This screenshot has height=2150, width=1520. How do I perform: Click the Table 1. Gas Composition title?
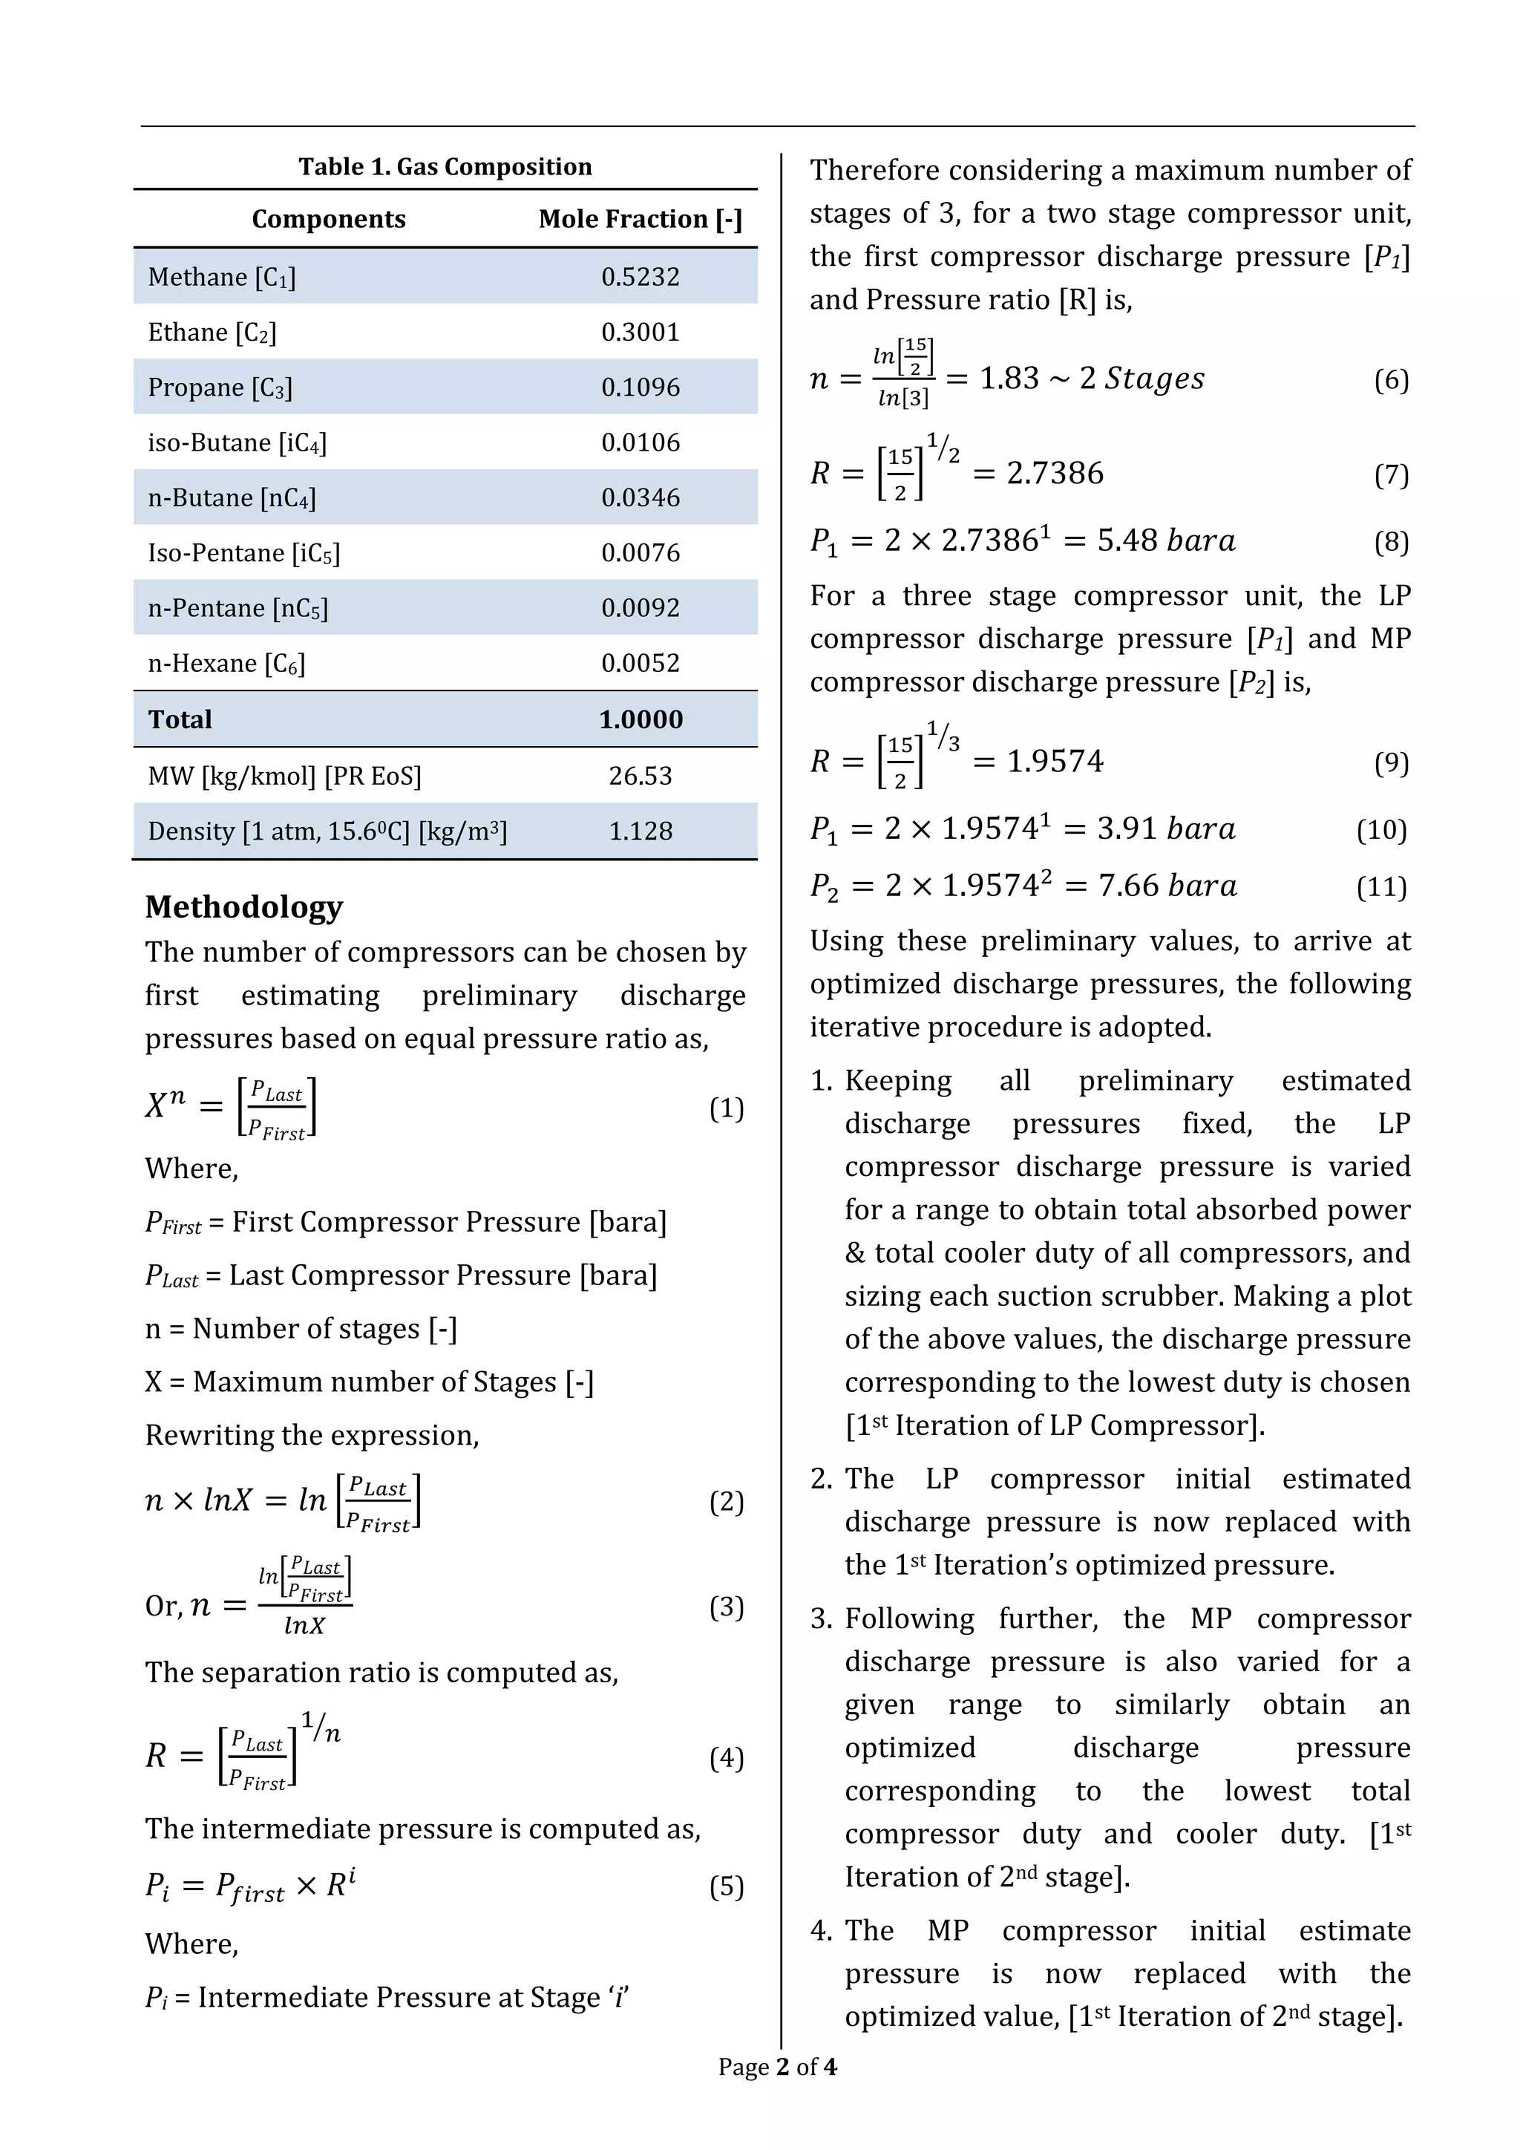(x=445, y=167)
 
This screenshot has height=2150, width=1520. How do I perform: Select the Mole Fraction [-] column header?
(x=641, y=219)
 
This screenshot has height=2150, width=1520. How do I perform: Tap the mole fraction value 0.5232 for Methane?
(x=641, y=277)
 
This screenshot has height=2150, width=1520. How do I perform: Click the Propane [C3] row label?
(x=220, y=388)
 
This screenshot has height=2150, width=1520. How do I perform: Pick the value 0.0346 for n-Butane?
(x=641, y=498)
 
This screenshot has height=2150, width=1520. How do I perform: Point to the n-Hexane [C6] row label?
(x=226, y=664)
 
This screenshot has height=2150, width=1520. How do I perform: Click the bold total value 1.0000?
(x=641, y=720)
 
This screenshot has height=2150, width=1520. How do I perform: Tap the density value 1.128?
(x=641, y=831)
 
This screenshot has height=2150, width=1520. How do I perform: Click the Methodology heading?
(x=243, y=907)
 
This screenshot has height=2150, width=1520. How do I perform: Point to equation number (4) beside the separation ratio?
(x=727, y=1759)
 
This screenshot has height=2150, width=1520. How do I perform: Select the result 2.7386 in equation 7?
(x=1055, y=474)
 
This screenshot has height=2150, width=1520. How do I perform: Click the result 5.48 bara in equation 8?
(x=1166, y=541)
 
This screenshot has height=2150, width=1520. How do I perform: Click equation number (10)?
(x=1381, y=830)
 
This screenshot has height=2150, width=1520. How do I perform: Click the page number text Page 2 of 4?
(x=777, y=2067)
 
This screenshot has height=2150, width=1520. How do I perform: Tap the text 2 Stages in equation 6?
(x=1142, y=379)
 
